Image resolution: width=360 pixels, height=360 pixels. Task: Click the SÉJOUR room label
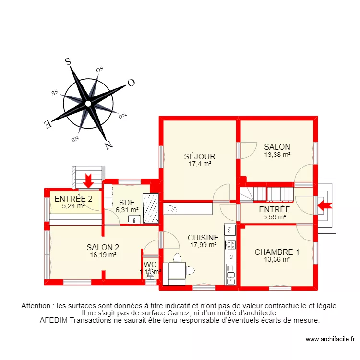(200, 156)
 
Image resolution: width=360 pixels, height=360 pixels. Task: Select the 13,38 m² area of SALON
(277, 155)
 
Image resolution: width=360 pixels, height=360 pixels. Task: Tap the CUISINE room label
(203, 238)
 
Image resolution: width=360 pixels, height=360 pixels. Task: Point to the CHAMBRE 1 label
(277, 252)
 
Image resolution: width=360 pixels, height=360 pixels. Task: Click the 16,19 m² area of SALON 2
(103, 255)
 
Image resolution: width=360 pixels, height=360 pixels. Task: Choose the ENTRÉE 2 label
(73, 199)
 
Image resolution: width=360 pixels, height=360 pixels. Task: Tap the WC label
(150, 264)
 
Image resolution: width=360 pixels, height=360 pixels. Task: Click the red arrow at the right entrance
(324, 205)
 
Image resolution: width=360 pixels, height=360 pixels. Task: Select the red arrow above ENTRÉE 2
(88, 181)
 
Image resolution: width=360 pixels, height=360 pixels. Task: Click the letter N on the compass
(109, 144)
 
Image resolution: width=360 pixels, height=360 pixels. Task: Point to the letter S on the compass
(68, 61)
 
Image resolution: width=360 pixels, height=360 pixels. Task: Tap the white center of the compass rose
(88, 103)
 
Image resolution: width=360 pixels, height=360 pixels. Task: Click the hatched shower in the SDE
(152, 208)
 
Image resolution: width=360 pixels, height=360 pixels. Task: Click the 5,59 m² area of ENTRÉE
(275, 217)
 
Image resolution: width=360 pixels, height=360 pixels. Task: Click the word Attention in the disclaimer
(37, 305)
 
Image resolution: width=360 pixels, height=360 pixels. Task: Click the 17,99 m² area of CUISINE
(203, 245)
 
